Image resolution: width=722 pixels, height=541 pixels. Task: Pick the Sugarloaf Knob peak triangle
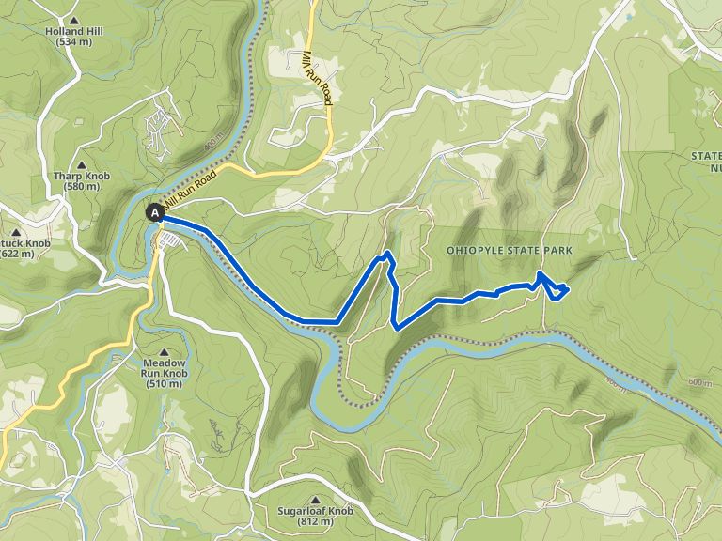tap(315, 499)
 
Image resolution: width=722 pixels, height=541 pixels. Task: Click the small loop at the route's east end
tap(556, 289)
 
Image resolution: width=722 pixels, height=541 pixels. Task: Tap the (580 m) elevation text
tap(83, 187)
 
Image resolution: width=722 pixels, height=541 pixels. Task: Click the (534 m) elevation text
tap(72, 42)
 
